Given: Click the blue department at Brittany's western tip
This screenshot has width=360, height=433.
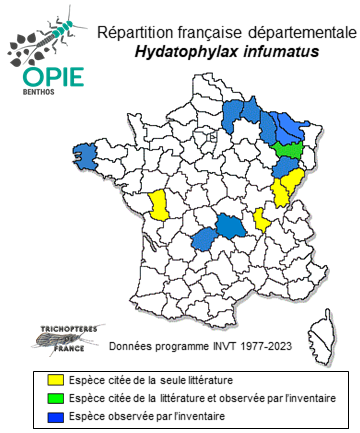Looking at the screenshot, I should click(x=87, y=157).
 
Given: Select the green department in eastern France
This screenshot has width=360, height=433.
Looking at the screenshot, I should click(x=289, y=149).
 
